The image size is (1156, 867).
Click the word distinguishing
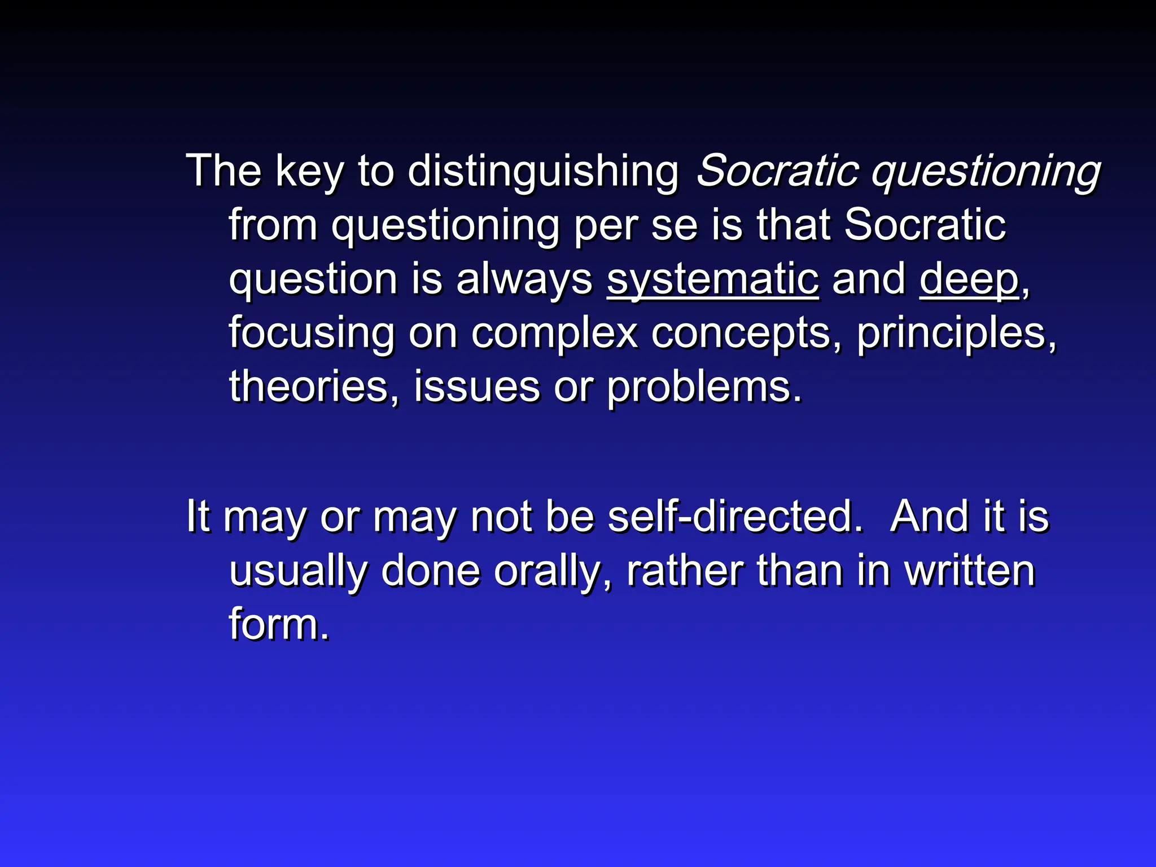click(x=543, y=172)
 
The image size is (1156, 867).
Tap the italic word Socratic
click(x=778, y=170)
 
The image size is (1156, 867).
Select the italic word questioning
click(x=986, y=172)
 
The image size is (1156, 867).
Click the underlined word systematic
click(x=713, y=280)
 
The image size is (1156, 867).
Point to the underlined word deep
click(x=969, y=280)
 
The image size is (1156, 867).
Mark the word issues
click(x=477, y=387)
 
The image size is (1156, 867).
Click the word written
click(x=970, y=571)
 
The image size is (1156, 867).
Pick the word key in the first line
click(x=309, y=172)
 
